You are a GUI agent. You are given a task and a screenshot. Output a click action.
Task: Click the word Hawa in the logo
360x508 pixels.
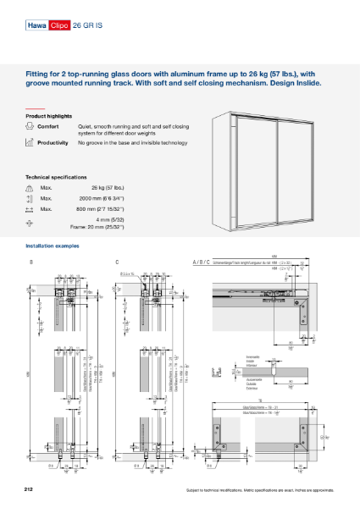pos(36,26)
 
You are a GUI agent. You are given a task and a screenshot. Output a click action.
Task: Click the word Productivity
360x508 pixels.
pos(53,143)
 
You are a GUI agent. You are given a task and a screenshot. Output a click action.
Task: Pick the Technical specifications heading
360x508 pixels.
pos(56,177)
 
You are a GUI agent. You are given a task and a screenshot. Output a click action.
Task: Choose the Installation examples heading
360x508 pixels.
pos(53,246)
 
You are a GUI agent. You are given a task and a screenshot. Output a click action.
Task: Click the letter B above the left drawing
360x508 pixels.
pos(31,263)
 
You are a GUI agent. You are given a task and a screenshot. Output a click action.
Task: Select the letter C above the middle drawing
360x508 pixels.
pos(116,263)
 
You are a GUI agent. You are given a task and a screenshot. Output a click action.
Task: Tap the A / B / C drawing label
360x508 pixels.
pos(202,263)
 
